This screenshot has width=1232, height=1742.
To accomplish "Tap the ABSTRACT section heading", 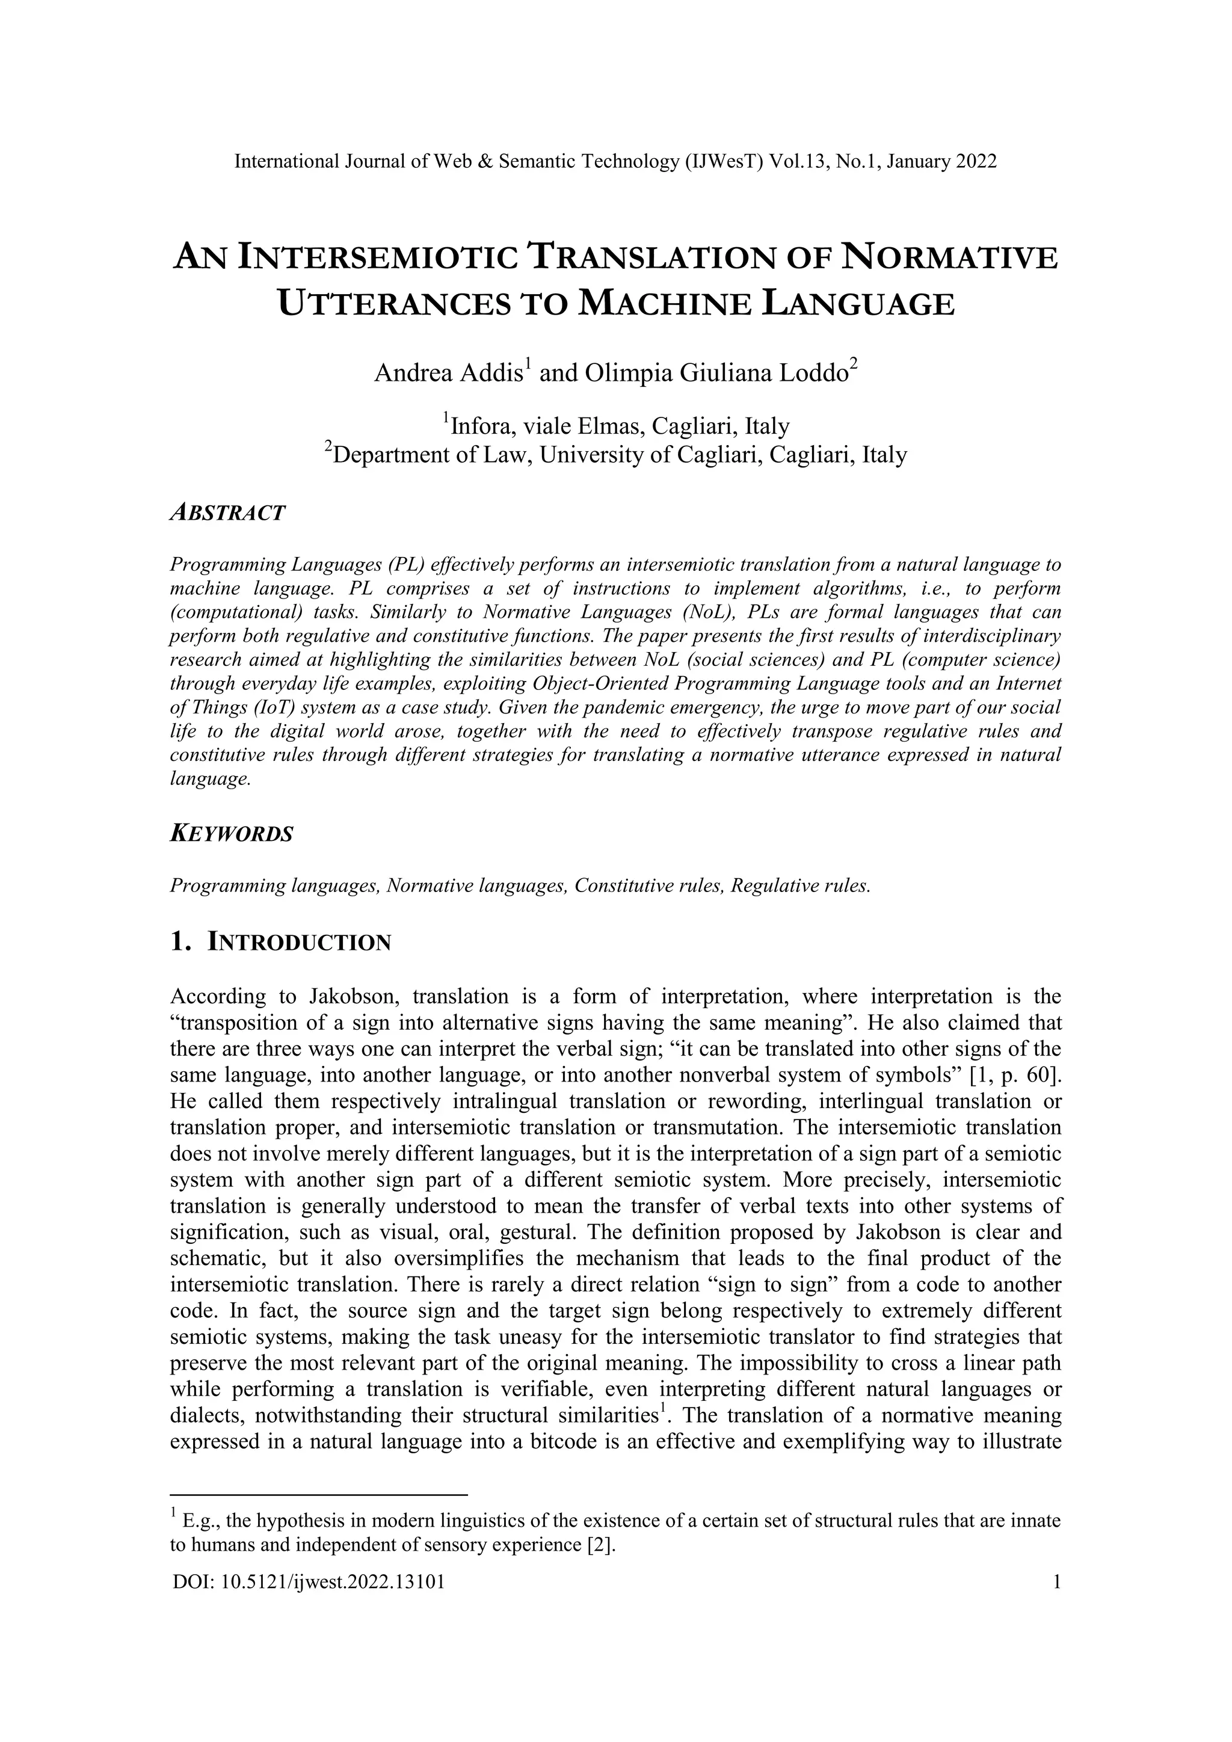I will pyautogui.click(x=227, y=513).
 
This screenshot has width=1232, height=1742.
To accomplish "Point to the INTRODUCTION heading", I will pyautogui.click(x=299, y=943).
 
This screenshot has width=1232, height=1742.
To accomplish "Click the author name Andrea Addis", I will pyautogui.click(x=448, y=374).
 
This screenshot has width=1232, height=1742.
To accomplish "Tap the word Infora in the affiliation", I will pyautogui.click(x=482, y=426).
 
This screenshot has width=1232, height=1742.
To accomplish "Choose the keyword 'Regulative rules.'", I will pyautogui.click(x=800, y=886).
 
